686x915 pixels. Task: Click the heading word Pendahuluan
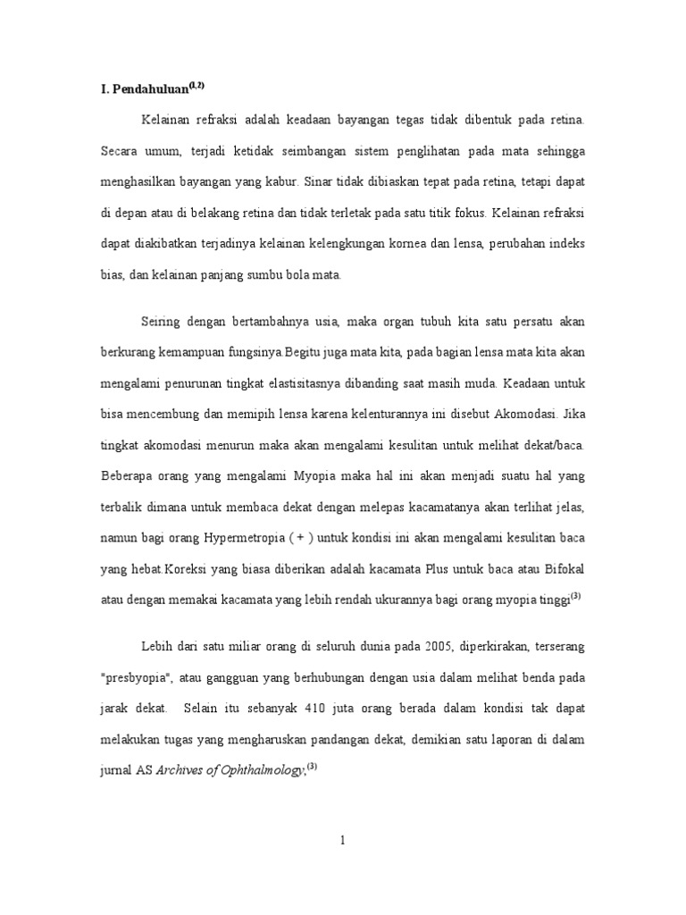(147, 88)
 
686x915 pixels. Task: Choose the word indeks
(565, 244)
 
